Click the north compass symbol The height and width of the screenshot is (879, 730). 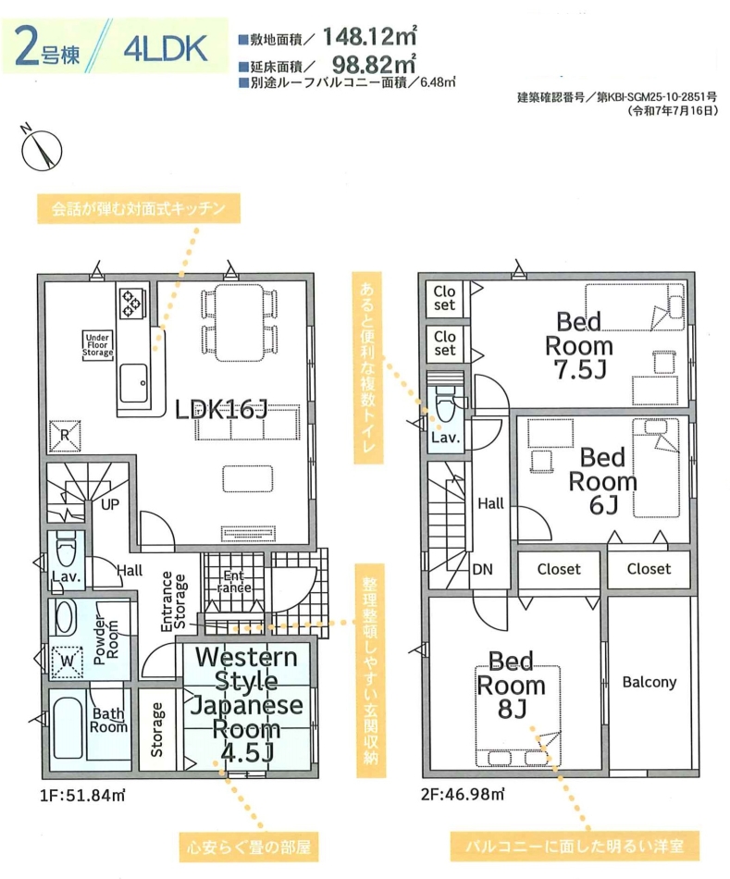(x=41, y=149)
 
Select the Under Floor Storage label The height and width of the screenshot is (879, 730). (x=97, y=345)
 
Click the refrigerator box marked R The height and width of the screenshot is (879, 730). (x=65, y=435)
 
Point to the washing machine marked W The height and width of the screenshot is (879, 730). (x=67, y=662)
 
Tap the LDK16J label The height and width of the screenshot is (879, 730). (x=221, y=410)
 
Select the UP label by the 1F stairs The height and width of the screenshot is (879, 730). (x=110, y=504)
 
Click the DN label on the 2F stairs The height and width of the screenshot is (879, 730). (x=482, y=570)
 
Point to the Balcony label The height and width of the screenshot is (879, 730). (x=650, y=682)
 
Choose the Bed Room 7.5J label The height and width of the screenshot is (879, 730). (x=579, y=346)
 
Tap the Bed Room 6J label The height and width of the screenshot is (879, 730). (x=602, y=481)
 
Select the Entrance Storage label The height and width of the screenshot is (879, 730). (x=173, y=601)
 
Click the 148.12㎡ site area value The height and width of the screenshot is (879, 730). (x=370, y=37)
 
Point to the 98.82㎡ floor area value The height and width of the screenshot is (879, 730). (x=374, y=64)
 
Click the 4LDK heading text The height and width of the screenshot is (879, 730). (x=166, y=48)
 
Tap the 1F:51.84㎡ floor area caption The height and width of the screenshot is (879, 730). (x=82, y=795)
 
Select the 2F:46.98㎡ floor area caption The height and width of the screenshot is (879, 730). (x=464, y=794)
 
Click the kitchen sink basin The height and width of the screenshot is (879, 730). (x=134, y=383)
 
